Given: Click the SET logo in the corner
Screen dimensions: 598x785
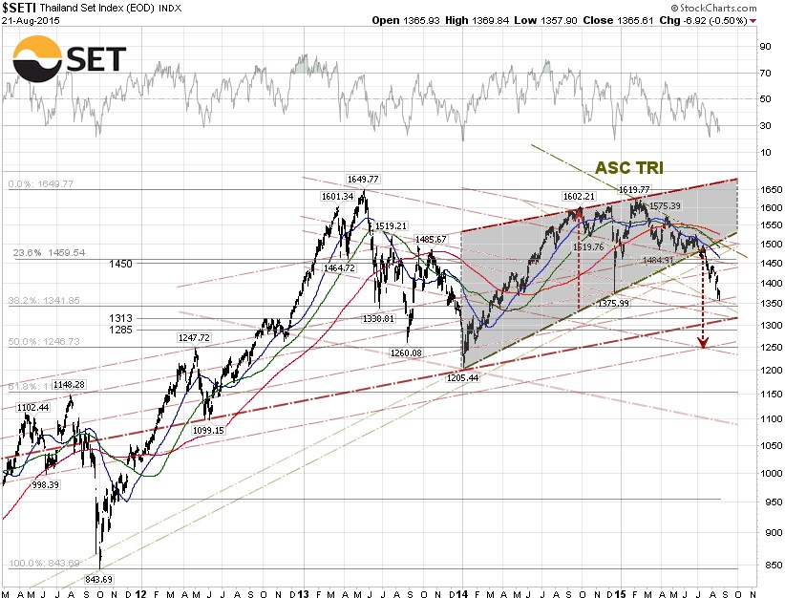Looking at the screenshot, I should pyautogui.click(x=69, y=58).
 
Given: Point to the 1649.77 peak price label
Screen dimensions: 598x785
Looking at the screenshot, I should pyautogui.click(x=364, y=179).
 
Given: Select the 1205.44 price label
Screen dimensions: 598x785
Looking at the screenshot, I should pyautogui.click(x=462, y=378).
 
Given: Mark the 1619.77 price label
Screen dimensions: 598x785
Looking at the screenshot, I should pyautogui.click(x=634, y=190).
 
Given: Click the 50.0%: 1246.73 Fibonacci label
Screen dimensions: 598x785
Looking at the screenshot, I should pyautogui.click(x=45, y=341).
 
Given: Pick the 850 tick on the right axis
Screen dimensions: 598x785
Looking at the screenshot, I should pyautogui.click(x=762, y=566).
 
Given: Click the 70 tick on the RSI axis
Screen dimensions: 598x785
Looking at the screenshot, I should pyautogui.click(x=763, y=73).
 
